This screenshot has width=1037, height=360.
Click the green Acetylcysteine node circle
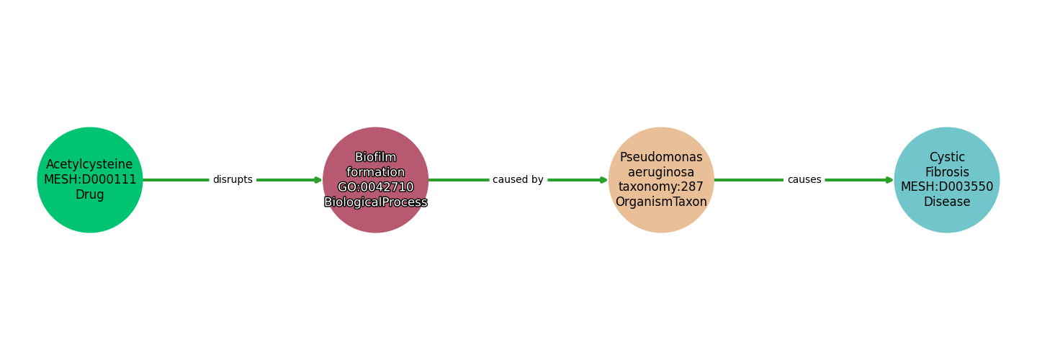(x=90, y=180)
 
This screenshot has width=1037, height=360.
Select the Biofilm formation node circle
(x=375, y=180)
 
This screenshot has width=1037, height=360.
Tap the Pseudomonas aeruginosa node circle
(x=661, y=180)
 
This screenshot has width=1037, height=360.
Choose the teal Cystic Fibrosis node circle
(x=947, y=180)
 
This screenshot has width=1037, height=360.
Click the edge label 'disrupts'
(x=233, y=179)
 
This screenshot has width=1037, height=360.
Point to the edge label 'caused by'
(x=518, y=179)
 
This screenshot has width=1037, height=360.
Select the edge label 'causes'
(x=804, y=179)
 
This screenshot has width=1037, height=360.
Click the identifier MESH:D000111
(x=90, y=179)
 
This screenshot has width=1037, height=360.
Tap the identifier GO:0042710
(x=375, y=187)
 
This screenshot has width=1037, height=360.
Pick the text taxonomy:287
(x=661, y=187)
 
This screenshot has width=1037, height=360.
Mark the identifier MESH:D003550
(x=947, y=187)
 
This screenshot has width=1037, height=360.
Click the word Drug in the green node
(x=90, y=194)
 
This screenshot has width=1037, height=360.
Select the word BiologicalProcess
(x=375, y=202)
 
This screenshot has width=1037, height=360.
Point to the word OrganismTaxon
(x=661, y=202)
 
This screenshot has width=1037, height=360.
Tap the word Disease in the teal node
(x=947, y=202)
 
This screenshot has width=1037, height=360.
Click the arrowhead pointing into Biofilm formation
(x=318, y=180)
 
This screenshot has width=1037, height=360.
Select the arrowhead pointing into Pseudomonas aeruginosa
(x=604, y=180)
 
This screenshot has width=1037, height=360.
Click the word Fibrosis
(x=947, y=172)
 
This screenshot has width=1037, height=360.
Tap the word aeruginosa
(x=661, y=173)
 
